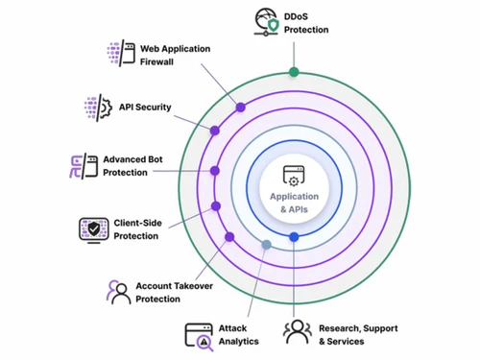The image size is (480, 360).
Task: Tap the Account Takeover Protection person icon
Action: [119, 292]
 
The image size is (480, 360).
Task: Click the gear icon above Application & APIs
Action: [294, 179]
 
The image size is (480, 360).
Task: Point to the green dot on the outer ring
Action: [294, 72]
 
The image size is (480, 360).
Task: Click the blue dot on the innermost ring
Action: [294, 236]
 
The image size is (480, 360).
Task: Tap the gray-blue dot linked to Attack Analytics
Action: [267, 245]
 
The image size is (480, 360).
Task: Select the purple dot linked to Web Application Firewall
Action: [240, 108]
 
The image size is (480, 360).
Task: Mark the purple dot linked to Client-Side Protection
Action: [216, 205]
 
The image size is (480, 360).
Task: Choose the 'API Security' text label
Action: [145, 108]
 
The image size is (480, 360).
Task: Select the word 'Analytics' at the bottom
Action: [238, 340]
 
